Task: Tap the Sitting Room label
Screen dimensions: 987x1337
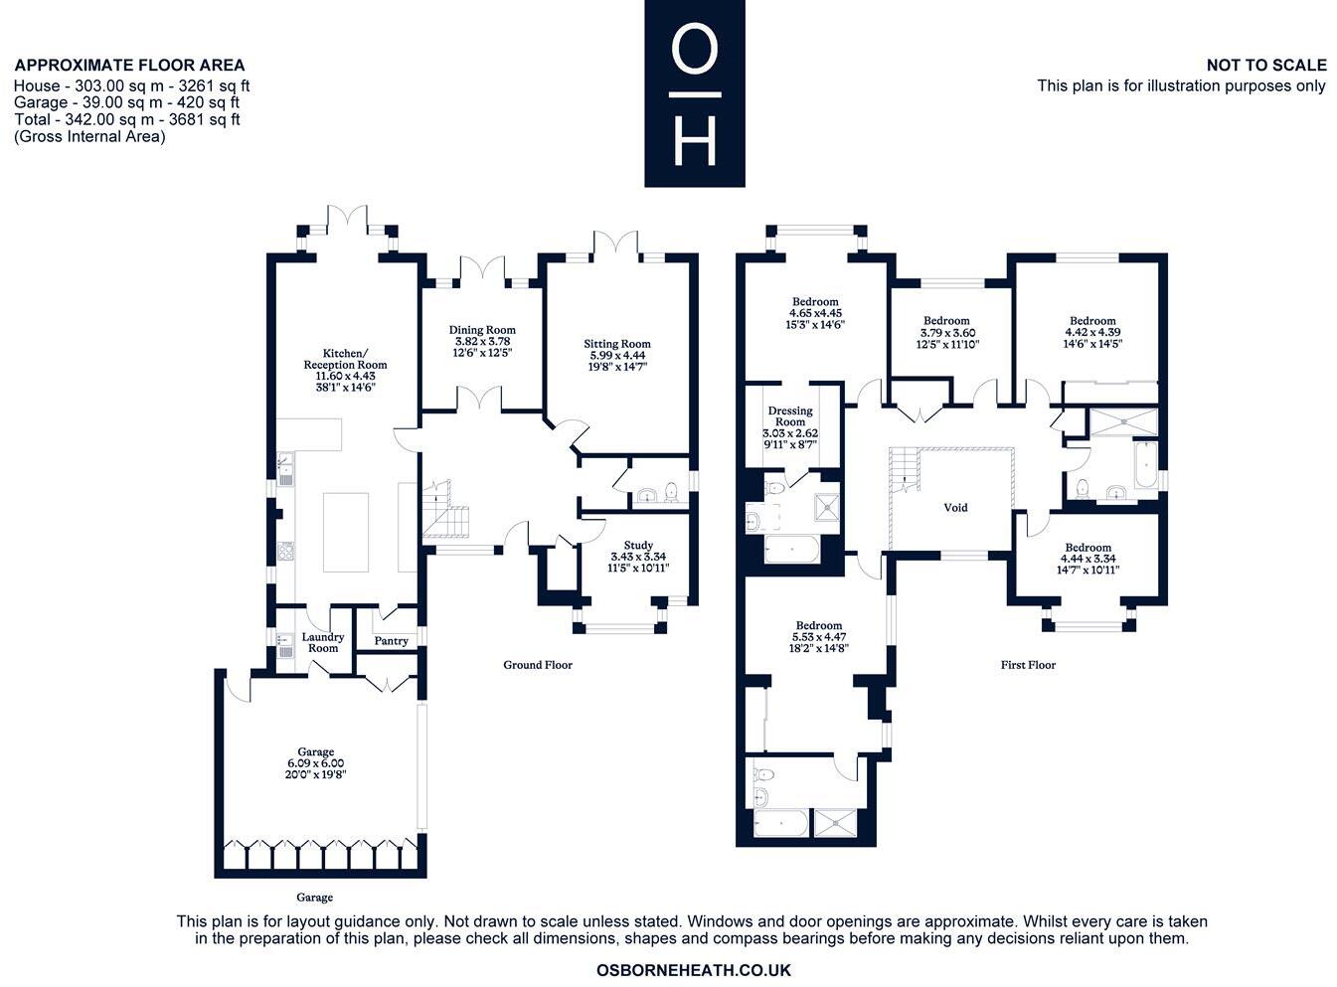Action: point(617,345)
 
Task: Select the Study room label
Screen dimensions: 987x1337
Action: point(638,545)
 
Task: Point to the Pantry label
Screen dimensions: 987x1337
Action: point(392,641)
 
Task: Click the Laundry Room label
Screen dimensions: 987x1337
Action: point(323,643)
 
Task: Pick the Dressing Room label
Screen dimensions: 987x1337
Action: point(790,416)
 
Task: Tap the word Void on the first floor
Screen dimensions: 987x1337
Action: point(955,508)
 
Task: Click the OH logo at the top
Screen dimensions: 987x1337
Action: point(694,93)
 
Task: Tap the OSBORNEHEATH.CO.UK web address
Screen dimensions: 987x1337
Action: point(694,970)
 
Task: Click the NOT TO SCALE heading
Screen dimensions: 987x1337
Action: point(1266,66)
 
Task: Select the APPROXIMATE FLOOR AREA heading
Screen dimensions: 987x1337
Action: point(129,66)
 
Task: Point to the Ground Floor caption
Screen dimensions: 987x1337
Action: point(538,665)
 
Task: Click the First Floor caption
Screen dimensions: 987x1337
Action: point(1028,665)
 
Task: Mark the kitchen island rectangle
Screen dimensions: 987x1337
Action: point(346,532)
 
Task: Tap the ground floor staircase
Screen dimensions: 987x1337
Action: point(443,511)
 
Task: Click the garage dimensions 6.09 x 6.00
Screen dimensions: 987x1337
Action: point(316,763)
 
